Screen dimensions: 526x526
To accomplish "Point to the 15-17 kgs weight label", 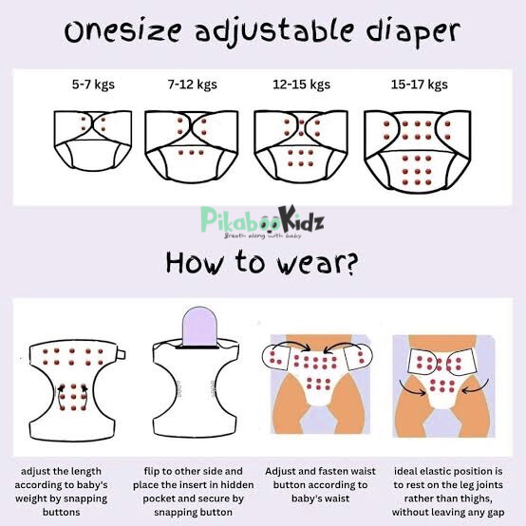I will click(419, 85).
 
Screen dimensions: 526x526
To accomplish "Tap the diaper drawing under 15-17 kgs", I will click(420, 148).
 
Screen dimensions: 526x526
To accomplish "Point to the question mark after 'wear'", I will click(350, 261).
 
